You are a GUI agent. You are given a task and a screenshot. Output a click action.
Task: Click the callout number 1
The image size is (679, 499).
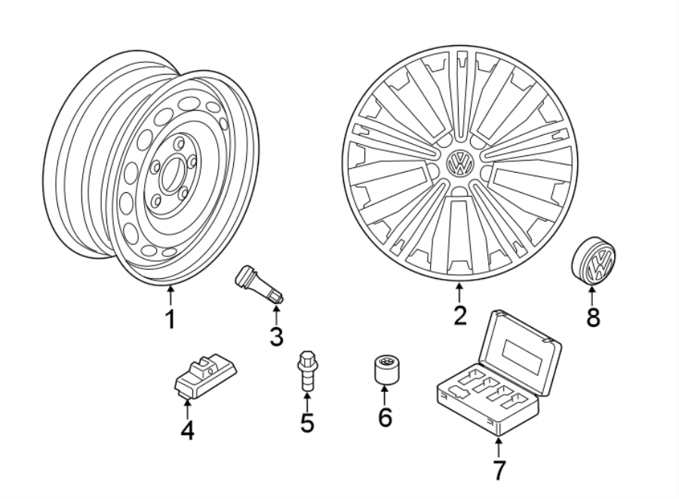171,319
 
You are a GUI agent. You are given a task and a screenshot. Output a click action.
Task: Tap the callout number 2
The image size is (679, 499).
459,315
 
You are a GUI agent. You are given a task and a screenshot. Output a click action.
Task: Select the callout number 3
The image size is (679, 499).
276,336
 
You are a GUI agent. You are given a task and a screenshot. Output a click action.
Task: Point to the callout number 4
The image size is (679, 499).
187,430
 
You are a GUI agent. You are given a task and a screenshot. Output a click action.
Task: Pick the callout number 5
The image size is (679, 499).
306,422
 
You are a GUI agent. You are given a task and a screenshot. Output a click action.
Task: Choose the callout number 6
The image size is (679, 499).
385,416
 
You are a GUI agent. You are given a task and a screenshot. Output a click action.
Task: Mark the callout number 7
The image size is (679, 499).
499,470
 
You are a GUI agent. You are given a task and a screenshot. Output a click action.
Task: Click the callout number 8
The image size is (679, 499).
593,317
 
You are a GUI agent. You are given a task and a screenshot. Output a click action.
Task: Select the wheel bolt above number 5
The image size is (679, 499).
306,369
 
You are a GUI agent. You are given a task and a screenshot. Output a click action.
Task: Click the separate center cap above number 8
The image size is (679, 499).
594,261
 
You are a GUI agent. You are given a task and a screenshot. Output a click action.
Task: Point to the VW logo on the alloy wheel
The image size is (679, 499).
459,163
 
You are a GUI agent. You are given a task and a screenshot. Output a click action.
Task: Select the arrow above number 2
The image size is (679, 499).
459,293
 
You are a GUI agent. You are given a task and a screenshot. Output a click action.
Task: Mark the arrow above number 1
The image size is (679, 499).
171,296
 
